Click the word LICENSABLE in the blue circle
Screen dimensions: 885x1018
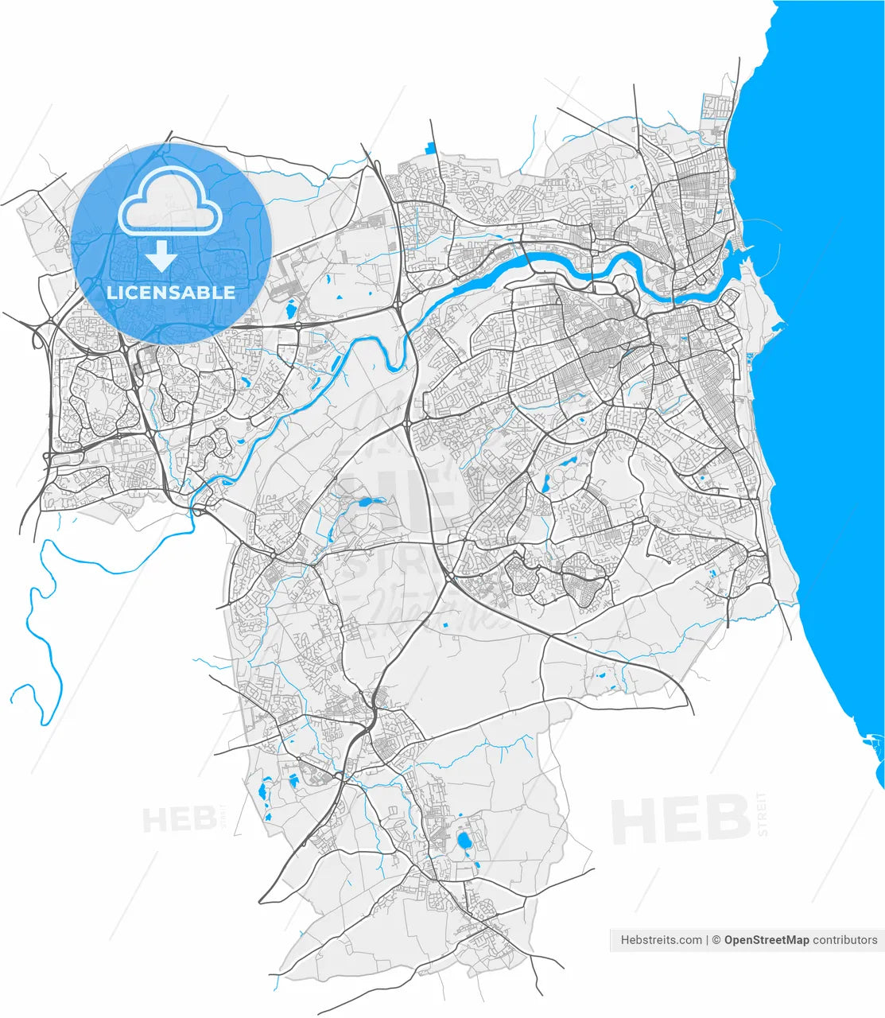tap(171, 292)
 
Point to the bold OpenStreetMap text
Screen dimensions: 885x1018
tap(767, 940)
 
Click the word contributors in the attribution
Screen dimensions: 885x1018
tap(845, 940)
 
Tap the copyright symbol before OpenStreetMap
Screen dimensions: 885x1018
tap(716, 940)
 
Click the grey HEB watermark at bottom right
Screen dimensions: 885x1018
tap(680, 821)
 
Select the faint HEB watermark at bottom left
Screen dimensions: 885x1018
tap(180, 818)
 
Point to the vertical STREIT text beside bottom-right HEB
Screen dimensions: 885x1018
tap(763, 813)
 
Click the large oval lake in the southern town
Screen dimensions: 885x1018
tap(464, 840)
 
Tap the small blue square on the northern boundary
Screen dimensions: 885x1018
tap(432, 147)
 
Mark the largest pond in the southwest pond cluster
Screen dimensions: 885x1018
tap(262, 791)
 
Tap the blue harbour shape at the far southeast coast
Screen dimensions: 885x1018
tap(873, 744)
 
